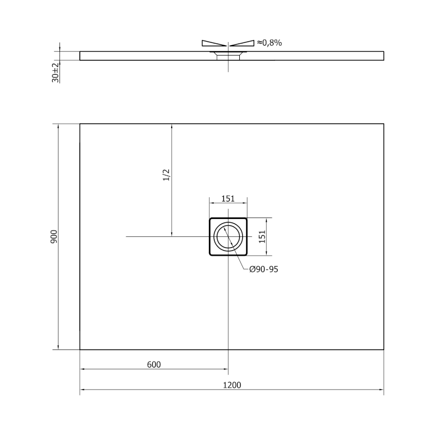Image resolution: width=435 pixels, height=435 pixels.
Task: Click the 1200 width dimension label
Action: tap(232, 385)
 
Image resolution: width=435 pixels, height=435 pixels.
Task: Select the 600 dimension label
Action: tap(154, 364)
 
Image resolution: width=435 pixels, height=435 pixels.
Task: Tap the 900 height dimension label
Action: tap(54, 237)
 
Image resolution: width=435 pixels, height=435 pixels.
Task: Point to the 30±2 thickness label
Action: tap(56, 72)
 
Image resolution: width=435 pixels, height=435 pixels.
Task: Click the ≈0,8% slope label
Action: tap(269, 43)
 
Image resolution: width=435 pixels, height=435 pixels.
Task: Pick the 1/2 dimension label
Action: tap(166, 175)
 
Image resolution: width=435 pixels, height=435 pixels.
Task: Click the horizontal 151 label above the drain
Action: tap(228, 199)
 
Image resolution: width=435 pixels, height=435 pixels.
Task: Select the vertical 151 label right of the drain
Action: tap(262, 237)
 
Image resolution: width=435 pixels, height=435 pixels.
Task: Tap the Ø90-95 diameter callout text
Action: tap(263, 269)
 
